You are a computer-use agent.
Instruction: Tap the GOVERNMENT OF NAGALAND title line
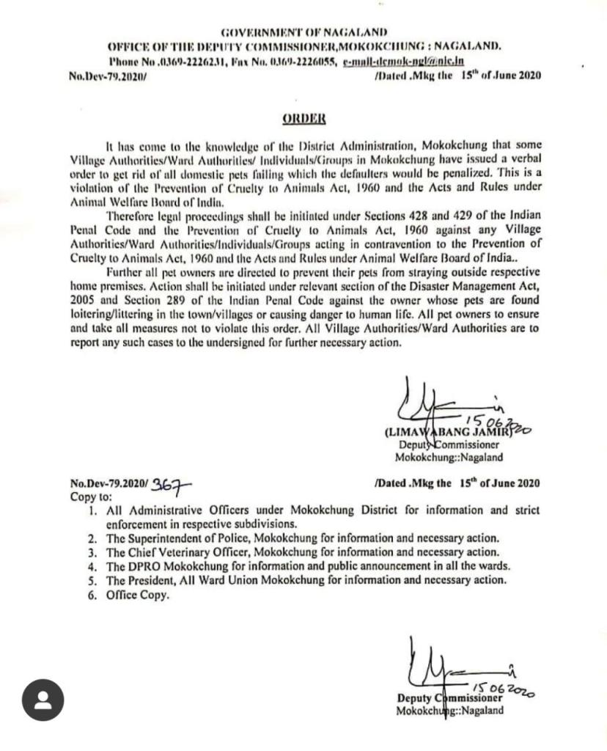point(304,33)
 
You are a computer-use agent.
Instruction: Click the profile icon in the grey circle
point(43,700)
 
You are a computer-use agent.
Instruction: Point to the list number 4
point(92,566)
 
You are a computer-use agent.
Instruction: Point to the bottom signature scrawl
point(440,667)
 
